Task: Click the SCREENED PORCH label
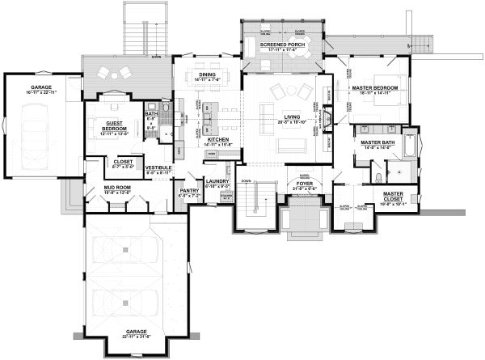pyautogui.click(x=283, y=44)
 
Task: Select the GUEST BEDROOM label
pyautogui.click(x=118, y=124)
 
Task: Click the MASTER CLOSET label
pyautogui.click(x=394, y=195)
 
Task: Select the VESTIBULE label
pyautogui.click(x=158, y=167)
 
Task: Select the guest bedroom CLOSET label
pyautogui.click(x=124, y=161)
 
